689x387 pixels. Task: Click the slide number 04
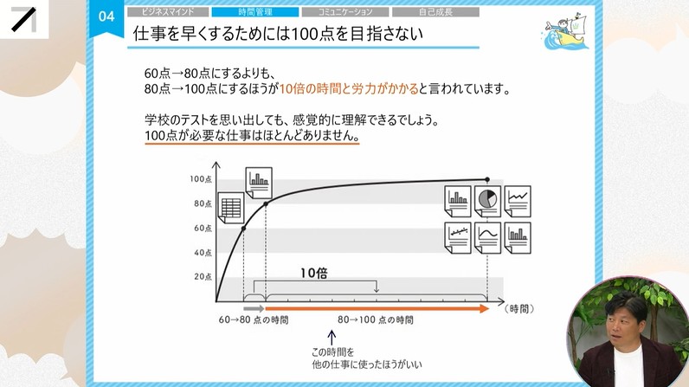106,16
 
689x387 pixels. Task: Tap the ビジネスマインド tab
168,12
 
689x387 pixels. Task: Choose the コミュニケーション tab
345,12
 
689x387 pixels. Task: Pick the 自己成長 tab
435,12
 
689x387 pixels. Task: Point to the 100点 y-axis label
201,179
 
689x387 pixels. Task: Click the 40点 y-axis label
203,253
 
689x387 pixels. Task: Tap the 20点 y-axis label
203,277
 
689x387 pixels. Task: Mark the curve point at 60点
243,228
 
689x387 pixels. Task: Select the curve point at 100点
487,180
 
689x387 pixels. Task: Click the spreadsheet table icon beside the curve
230,208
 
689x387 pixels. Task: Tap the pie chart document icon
487,200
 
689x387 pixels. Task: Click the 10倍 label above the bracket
314,272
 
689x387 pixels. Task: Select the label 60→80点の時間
254,320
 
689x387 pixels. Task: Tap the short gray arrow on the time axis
254,307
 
